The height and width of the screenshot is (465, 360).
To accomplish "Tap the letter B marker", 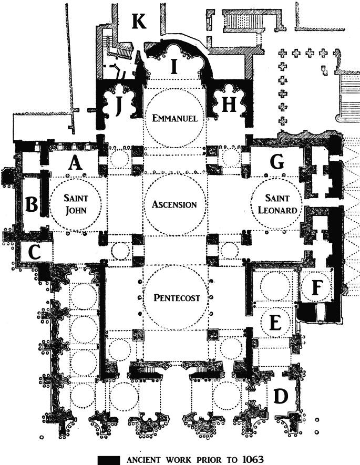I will [x=32, y=204].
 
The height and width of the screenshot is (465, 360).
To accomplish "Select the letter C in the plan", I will [x=34, y=252].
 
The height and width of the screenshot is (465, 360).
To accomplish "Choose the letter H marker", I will [x=228, y=106].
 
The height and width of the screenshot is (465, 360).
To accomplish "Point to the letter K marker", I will [x=139, y=22].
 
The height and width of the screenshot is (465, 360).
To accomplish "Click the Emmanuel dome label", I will [x=174, y=118].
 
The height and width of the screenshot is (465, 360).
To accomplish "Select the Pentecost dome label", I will [x=174, y=298].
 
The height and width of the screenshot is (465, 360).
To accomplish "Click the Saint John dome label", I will [x=76, y=205].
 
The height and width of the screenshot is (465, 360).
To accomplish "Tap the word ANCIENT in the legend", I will [x=149, y=458].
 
